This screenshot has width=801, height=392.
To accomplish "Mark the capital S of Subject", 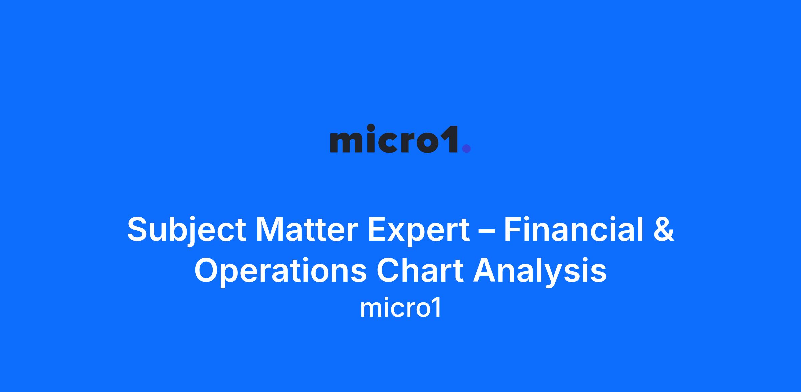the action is point(138,229).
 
